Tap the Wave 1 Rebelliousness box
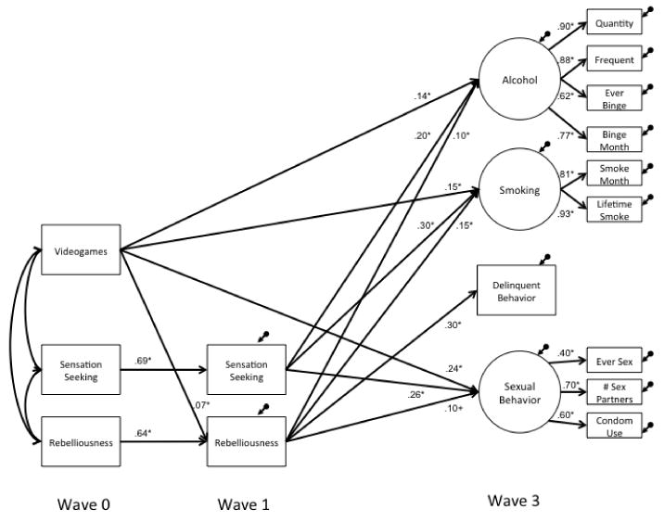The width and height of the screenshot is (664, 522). (247, 442)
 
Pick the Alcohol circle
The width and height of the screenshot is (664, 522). (519, 80)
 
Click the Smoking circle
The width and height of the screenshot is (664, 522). (519, 192)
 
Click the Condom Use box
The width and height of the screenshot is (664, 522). (614, 427)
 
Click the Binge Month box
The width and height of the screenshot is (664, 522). (614, 140)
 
